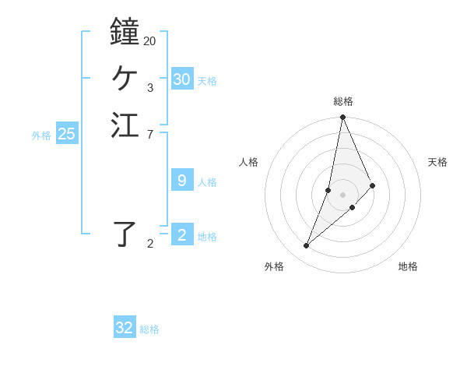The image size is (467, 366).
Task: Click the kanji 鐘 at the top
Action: (x=125, y=31)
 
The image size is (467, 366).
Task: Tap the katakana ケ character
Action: (x=125, y=78)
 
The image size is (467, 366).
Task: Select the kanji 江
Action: (x=125, y=125)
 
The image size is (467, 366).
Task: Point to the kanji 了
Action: (x=125, y=234)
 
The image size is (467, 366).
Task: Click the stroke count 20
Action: (x=149, y=40)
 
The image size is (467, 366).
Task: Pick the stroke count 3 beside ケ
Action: (x=149, y=87)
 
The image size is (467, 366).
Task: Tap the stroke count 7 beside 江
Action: (x=149, y=134)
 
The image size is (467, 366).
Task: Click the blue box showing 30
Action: (x=182, y=79)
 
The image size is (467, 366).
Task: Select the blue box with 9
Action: (x=182, y=181)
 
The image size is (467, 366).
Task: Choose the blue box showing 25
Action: (x=67, y=134)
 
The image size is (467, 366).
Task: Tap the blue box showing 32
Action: (x=125, y=328)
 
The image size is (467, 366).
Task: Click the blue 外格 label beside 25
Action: (x=41, y=135)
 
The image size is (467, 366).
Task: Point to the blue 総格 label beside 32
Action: (x=149, y=329)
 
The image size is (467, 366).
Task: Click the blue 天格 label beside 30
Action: (x=207, y=80)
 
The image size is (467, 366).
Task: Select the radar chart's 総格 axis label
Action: (x=343, y=101)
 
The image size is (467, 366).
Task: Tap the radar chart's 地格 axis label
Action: (x=408, y=266)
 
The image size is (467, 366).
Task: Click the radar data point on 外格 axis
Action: (x=307, y=246)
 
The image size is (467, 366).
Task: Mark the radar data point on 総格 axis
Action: (x=343, y=118)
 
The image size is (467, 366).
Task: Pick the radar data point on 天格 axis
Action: (x=373, y=185)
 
